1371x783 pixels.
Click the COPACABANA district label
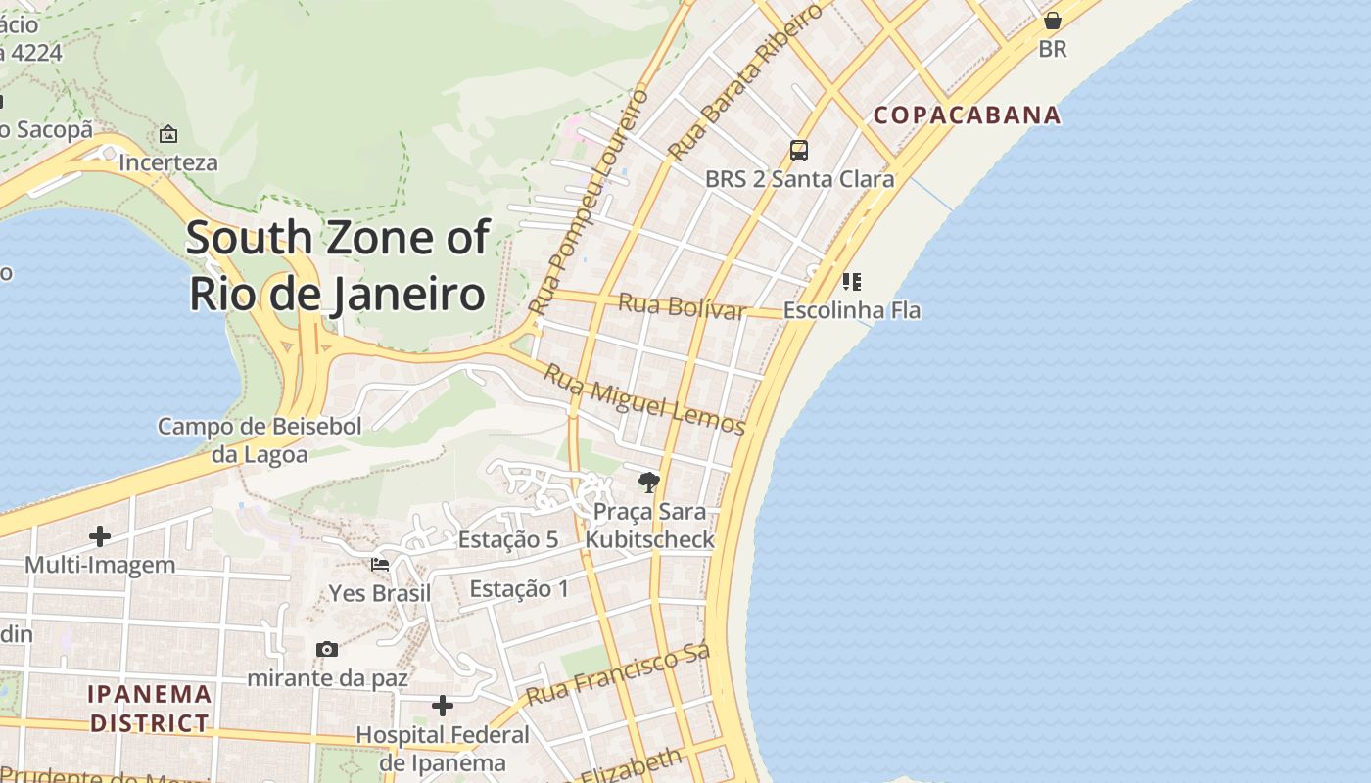(967, 115)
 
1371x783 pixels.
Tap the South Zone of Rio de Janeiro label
(337, 265)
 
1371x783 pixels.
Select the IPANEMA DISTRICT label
(149, 709)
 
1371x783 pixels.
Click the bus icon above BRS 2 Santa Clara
(799, 150)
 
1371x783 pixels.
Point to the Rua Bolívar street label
(682, 306)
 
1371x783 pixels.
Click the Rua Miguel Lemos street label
(644, 400)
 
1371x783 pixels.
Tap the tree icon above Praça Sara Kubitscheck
(648, 482)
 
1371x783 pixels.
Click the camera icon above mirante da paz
(327, 649)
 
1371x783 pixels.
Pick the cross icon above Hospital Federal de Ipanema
(443, 705)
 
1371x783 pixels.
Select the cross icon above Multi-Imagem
(99, 535)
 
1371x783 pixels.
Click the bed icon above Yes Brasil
(379, 565)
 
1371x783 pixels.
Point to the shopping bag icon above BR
(1053, 20)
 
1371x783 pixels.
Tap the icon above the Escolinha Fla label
(851, 282)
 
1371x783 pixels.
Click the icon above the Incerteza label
(168, 134)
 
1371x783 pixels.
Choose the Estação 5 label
(508, 539)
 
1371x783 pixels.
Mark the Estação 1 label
(519, 588)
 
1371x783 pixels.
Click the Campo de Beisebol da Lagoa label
(260, 439)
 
